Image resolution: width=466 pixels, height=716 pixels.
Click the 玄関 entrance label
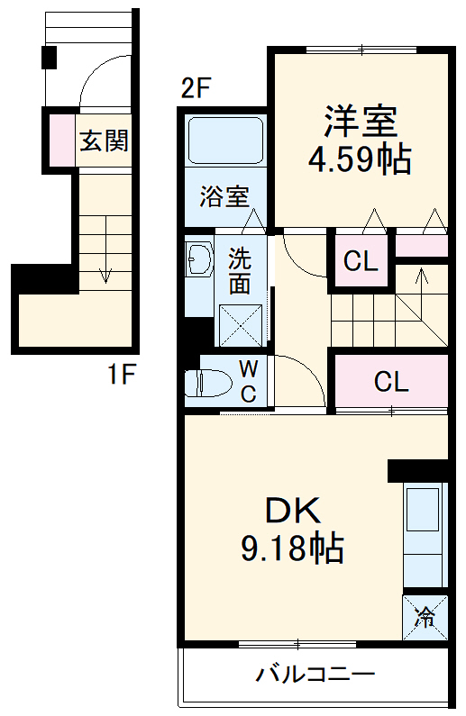(104, 140)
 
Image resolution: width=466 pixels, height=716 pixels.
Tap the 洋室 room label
(361, 121)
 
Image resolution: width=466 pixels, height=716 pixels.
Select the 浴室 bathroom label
(224, 195)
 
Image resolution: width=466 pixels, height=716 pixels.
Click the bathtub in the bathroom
(224, 141)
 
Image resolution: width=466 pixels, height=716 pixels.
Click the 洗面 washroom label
(239, 270)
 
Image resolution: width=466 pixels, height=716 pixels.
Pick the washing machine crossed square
(242, 323)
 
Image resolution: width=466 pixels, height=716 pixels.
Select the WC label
(249, 380)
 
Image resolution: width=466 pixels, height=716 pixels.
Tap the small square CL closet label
(361, 262)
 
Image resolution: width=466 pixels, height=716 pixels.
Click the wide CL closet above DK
(391, 382)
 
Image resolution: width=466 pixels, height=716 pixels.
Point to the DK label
(292, 511)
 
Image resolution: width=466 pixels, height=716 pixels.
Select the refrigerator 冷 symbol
(424, 617)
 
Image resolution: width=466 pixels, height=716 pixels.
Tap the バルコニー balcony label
(315, 675)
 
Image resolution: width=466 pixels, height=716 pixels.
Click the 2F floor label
(196, 89)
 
